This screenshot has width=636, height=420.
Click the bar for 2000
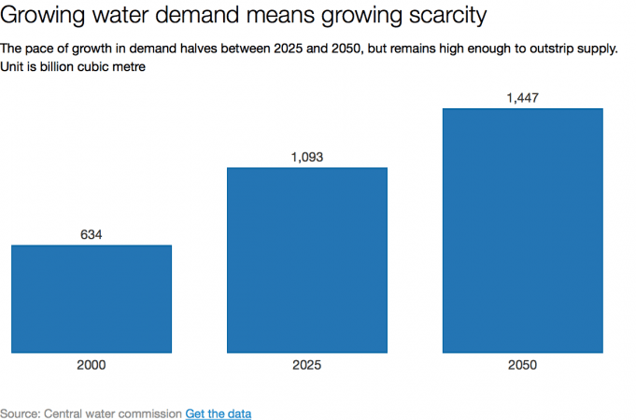click(x=92, y=299)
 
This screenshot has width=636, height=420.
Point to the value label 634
click(x=91, y=234)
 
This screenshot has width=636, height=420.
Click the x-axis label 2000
click(x=92, y=366)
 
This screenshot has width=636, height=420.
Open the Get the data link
click(x=218, y=413)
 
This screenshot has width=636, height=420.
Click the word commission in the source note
click(x=150, y=413)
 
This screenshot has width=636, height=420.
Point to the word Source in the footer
click(x=20, y=413)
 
